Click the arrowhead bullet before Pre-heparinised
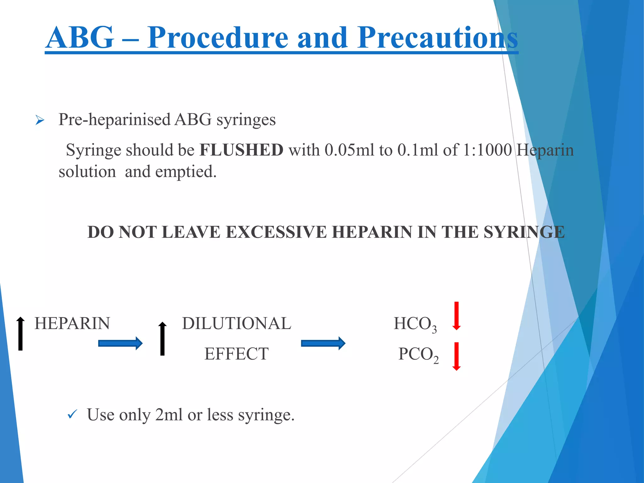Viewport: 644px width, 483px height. click(x=40, y=120)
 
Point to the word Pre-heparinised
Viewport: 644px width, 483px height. click(x=114, y=119)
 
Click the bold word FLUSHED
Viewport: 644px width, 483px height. click(x=241, y=150)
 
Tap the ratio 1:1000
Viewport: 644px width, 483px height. click(x=487, y=150)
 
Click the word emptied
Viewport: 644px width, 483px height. click(x=186, y=172)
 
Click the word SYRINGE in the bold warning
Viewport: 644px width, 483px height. click(x=524, y=232)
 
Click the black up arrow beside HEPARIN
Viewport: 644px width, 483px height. click(x=20, y=333)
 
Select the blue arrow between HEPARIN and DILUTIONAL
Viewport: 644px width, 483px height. click(x=120, y=343)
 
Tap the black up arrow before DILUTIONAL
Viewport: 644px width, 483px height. click(x=162, y=338)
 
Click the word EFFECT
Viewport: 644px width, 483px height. click(x=236, y=354)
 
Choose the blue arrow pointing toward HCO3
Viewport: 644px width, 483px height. click(x=323, y=343)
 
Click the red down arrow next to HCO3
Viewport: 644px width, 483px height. click(x=457, y=316)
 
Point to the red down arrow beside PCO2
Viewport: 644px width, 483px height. click(x=457, y=356)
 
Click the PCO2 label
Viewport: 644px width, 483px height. click(x=418, y=355)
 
